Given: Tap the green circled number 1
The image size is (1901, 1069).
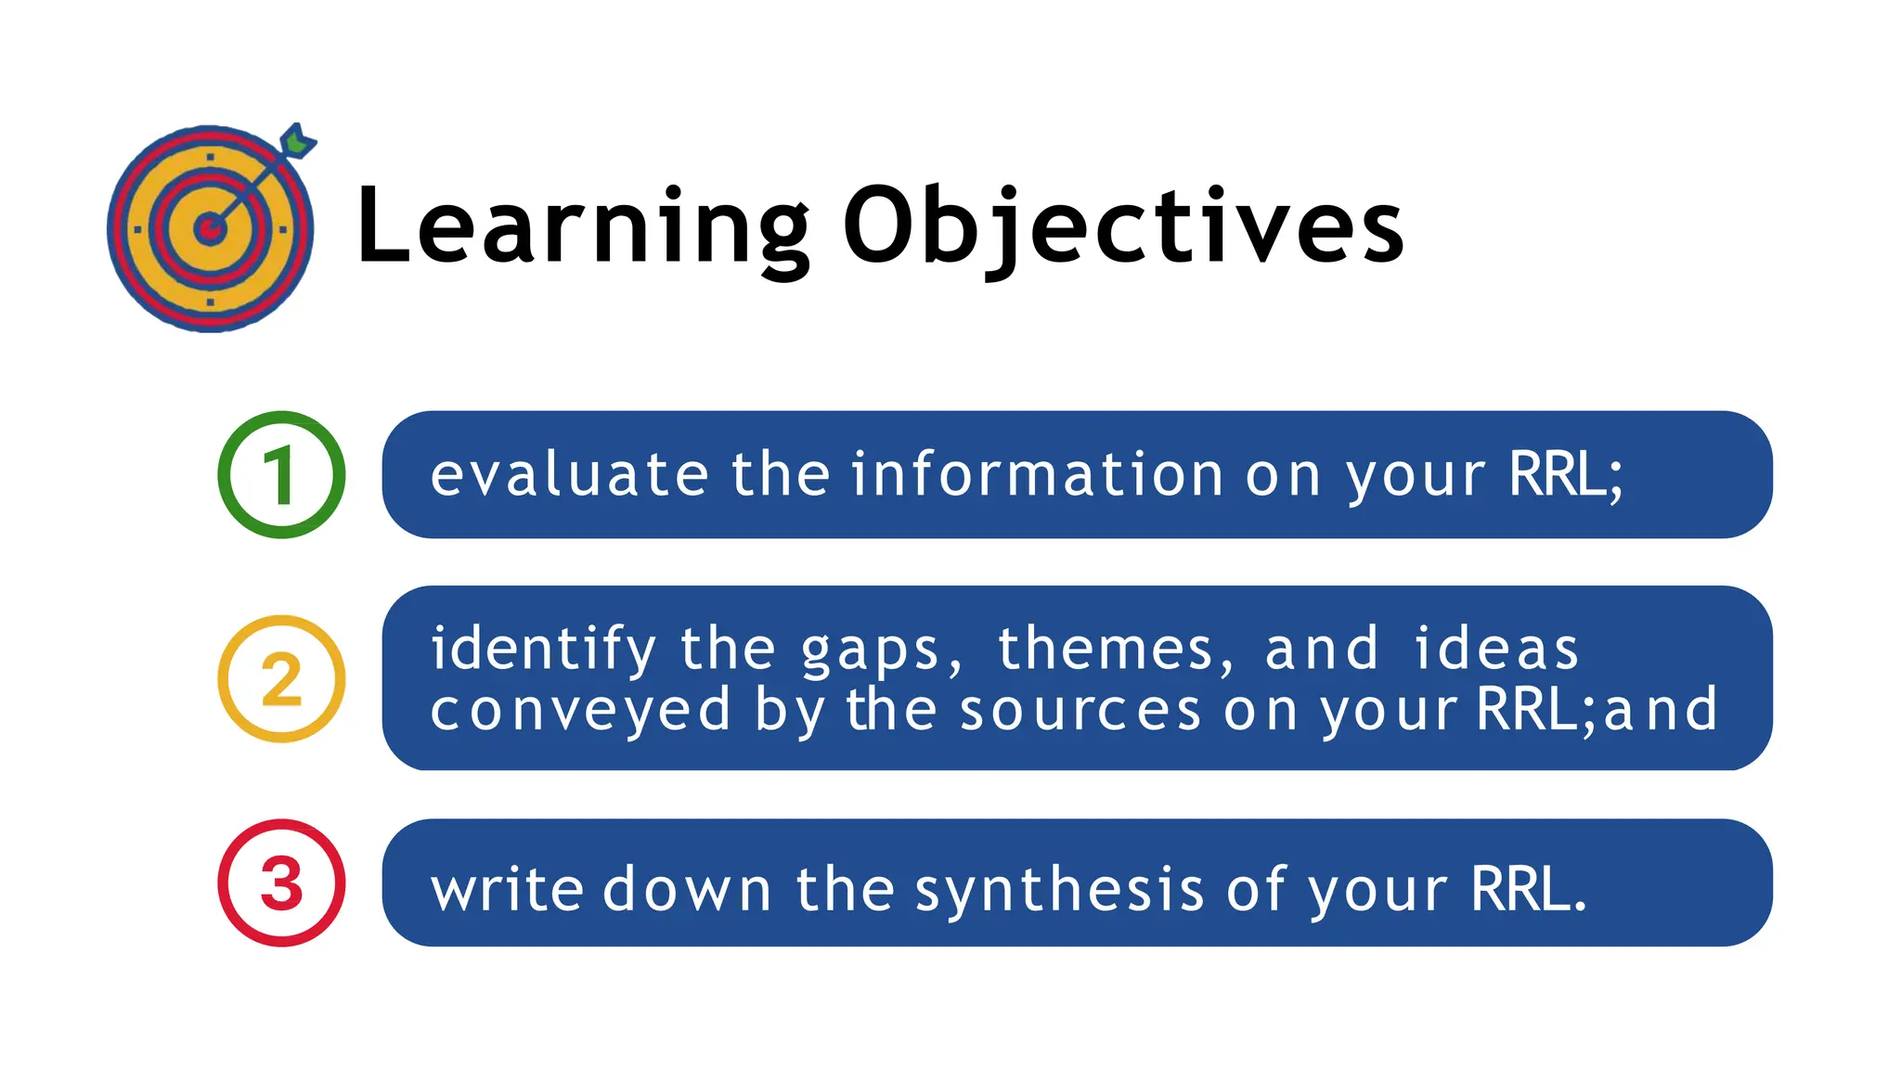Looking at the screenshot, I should [281, 475].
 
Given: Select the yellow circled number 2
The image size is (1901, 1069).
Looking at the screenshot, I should [281, 679].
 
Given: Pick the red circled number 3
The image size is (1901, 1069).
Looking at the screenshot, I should [281, 882].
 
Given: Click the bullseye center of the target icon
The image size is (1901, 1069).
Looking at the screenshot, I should [211, 228].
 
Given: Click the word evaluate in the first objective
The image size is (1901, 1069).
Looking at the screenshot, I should [570, 475].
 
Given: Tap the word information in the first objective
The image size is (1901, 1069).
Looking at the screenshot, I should [1038, 475].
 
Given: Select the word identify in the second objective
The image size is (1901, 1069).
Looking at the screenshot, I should [544, 649].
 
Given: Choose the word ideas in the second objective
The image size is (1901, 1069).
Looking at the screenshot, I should [1496, 649].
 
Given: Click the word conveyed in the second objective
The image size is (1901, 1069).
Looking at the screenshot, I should [581, 711].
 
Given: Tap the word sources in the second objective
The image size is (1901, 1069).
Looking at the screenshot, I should [1080, 711].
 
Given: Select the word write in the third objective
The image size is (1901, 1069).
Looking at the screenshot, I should [507, 889].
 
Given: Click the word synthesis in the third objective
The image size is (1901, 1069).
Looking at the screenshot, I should [1060, 889].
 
